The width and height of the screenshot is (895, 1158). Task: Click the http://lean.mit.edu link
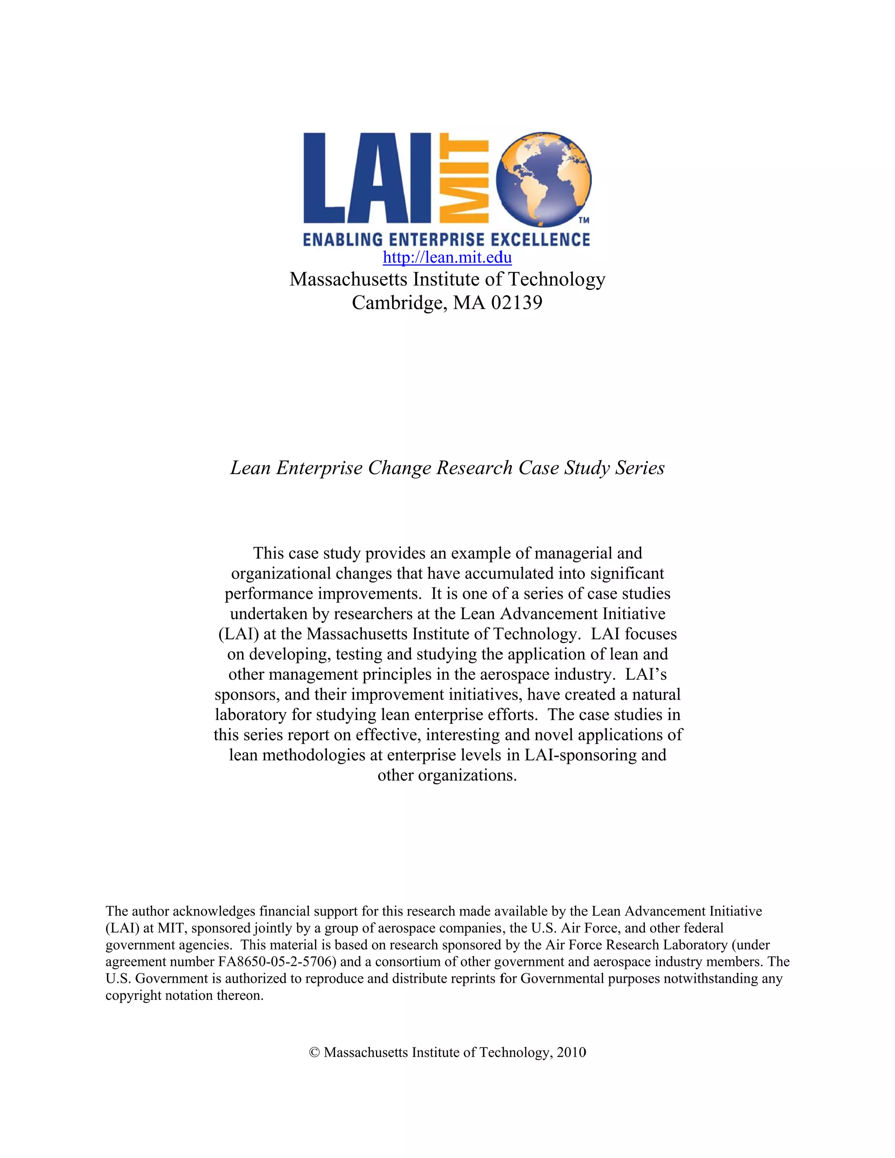point(447,258)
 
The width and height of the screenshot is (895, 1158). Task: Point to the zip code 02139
point(517,303)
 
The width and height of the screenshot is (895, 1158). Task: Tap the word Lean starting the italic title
point(250,468)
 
